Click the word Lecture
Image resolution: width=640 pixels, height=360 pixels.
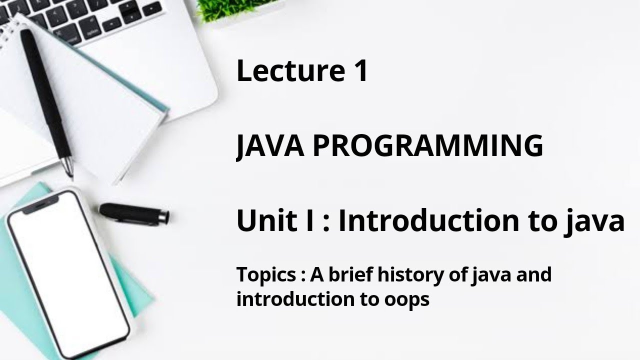tap(283, 71)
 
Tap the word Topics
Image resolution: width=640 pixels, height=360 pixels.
tap(266, 275)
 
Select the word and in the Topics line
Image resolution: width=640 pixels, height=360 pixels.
tap(535, 275)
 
